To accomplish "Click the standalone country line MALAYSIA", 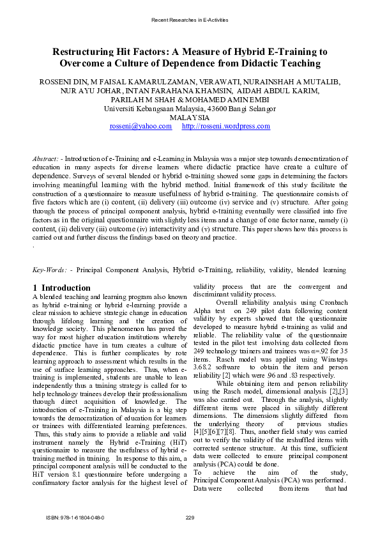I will [190, 118].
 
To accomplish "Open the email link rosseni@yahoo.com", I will [141, 127].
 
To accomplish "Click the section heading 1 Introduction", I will [61, 288].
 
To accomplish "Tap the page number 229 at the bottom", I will [190, 516].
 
